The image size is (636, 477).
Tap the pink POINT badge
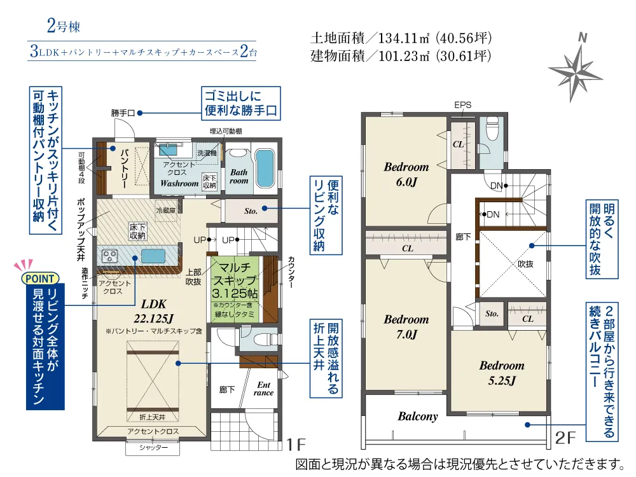coord(40,279)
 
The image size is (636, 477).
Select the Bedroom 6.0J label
coord(406,174)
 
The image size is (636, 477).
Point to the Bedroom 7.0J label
coord(406,326)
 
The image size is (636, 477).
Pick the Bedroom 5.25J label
coord(502,373)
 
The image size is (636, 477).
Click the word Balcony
coord(418,417)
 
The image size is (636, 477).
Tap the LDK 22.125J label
coord(154,311)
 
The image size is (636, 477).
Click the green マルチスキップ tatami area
coord(235,289)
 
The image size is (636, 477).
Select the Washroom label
coord(179,183)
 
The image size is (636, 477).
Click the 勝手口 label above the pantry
coord(123,113)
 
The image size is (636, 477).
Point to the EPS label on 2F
coord(463,105)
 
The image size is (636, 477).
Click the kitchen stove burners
coord(109,256)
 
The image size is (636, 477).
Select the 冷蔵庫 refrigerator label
coord(166,211)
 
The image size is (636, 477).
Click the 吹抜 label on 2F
coord(525,264)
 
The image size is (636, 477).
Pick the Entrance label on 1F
coord(264,389)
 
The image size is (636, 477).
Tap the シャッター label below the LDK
coord(153,447)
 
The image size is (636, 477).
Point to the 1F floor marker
coord(296,445)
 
